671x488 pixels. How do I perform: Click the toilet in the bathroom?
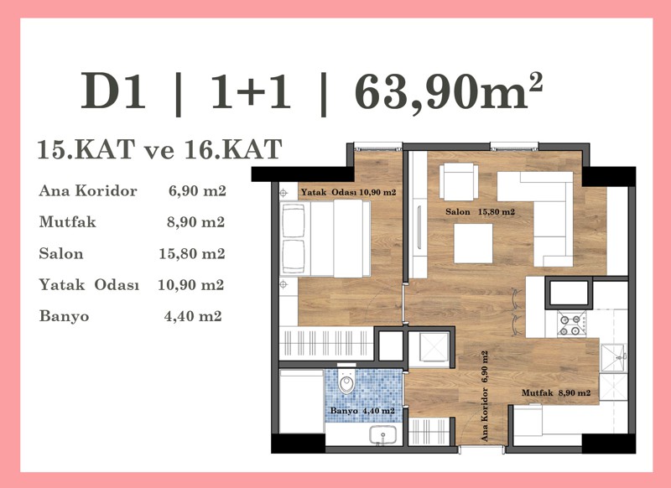pos(346,382)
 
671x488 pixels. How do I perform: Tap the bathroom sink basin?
pos(383,435)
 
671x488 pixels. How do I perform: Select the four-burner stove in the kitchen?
pos(571,324)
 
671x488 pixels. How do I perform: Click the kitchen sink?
pos(613,357)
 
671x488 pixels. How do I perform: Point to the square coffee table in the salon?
pos(473,243)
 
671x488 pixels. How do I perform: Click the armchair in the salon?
pos(459,181)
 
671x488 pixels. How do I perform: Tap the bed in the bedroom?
pos(325,239)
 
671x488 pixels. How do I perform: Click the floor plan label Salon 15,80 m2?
pos(480,211)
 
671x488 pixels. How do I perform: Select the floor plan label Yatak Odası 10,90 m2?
pos(348,193)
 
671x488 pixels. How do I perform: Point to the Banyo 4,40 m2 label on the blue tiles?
pos(362,411)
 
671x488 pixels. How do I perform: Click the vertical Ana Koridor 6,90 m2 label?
pos(485,396)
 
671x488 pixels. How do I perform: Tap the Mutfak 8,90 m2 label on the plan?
pos(556,392)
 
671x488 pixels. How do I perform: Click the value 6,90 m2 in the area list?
pos(197,190)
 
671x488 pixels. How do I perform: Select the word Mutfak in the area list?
pos(68,222)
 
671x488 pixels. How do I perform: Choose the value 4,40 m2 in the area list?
pos(193,316)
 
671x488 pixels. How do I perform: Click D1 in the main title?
pos(113,91)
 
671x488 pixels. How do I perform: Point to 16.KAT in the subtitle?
pos(233,149)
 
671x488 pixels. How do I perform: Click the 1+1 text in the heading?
pos(251,91)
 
